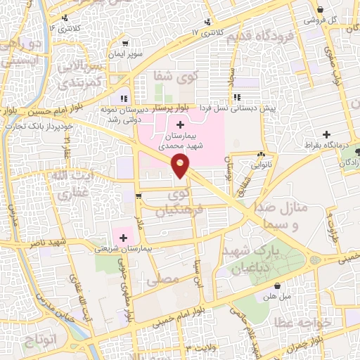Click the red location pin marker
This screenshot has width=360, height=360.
tap(181, 167)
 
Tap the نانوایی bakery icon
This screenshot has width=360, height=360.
tap(262, 155)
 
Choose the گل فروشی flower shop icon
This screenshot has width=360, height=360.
tap(321, 10)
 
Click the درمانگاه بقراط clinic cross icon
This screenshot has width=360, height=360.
tap(326, 134)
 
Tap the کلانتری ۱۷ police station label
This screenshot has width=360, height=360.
tap(205, 32)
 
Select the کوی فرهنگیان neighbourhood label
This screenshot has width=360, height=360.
tap(183, 200)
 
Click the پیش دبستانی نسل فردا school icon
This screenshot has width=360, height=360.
tap(236, 98)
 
